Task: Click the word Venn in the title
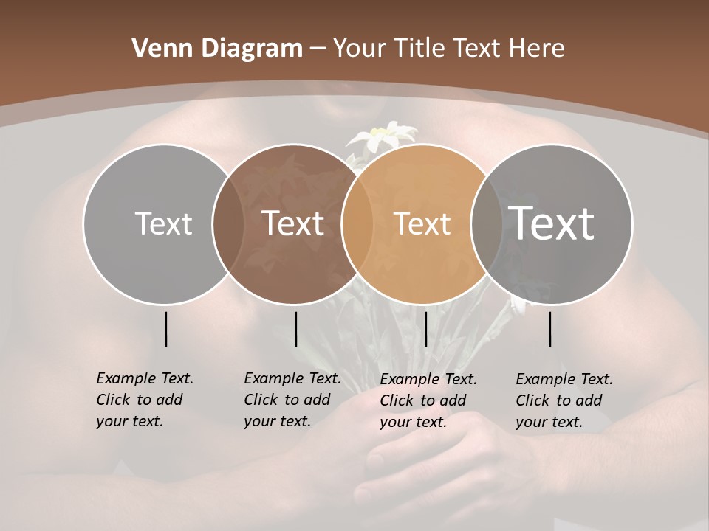coord(156,49)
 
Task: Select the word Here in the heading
coord(537,49)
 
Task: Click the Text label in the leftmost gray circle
coord(163,223)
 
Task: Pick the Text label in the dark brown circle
coord(293,223)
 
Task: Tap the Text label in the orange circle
coord(422,223)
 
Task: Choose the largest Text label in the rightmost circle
coord(552,223)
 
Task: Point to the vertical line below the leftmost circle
coord(165,329)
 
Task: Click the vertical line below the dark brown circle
coord(295,329)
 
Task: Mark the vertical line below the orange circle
coord(425,329)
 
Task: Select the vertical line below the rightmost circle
coord(549,329)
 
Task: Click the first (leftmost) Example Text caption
coord(144,400)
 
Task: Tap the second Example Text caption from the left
coord(292,400)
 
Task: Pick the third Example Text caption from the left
coord(428,400)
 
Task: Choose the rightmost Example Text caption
coord(564,400)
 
